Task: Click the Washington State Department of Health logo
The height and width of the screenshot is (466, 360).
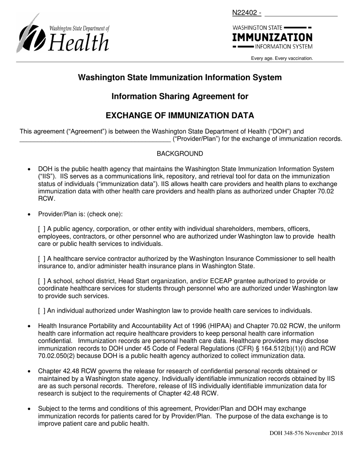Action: tap(63, 34)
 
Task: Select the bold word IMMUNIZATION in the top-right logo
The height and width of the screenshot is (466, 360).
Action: tap(272, 38)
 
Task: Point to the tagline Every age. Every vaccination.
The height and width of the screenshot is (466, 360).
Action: tap(282, 58)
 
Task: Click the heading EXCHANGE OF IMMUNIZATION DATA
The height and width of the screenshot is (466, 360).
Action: tap(180, 116)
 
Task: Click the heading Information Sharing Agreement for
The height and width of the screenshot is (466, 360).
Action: tap(180, 97)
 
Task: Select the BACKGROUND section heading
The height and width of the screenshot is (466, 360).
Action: tap(180, 153)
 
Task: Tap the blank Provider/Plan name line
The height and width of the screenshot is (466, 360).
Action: tap(95, 139)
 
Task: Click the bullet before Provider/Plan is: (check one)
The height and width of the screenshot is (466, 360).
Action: tap(29, 214)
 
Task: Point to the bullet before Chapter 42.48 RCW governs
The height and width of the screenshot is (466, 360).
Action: tap(29, 371)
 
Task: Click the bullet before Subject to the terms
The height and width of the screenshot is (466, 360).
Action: tap(29, 409)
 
